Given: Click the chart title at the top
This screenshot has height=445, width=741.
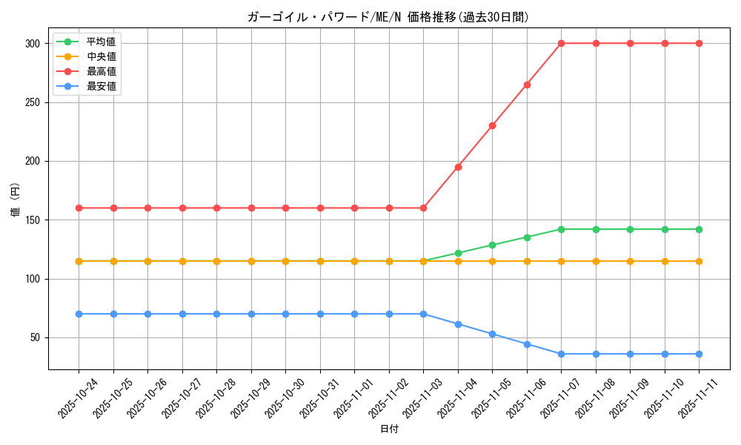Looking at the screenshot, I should click(388, 17).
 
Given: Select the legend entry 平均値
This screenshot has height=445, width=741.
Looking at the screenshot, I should click(101, 42).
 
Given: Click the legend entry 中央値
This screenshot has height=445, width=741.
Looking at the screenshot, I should click(101, 56).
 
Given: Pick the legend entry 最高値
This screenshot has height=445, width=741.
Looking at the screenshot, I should click(101, 71).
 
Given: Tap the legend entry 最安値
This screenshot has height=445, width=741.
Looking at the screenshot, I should click(101, 86).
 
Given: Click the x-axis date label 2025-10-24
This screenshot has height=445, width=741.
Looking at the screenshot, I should click(77, 399).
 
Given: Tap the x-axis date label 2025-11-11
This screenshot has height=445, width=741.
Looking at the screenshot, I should click(697, 399).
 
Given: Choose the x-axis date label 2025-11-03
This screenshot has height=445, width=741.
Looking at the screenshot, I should click(422, 399).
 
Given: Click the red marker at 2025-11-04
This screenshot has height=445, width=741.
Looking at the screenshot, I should click(458, 167).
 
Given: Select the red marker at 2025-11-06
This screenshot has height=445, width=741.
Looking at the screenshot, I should click(527, 85).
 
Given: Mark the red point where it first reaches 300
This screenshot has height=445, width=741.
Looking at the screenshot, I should click(561, 43).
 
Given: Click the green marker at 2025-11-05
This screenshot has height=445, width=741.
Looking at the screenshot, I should click(492, 245).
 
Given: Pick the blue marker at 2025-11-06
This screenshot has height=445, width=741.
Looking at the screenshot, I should click(527, 344).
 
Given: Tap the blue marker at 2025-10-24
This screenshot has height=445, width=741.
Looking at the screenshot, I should click(79, 314).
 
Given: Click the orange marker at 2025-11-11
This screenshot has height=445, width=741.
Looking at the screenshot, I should click(699, 261).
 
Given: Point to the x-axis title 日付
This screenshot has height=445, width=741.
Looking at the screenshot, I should click(389, 429).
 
